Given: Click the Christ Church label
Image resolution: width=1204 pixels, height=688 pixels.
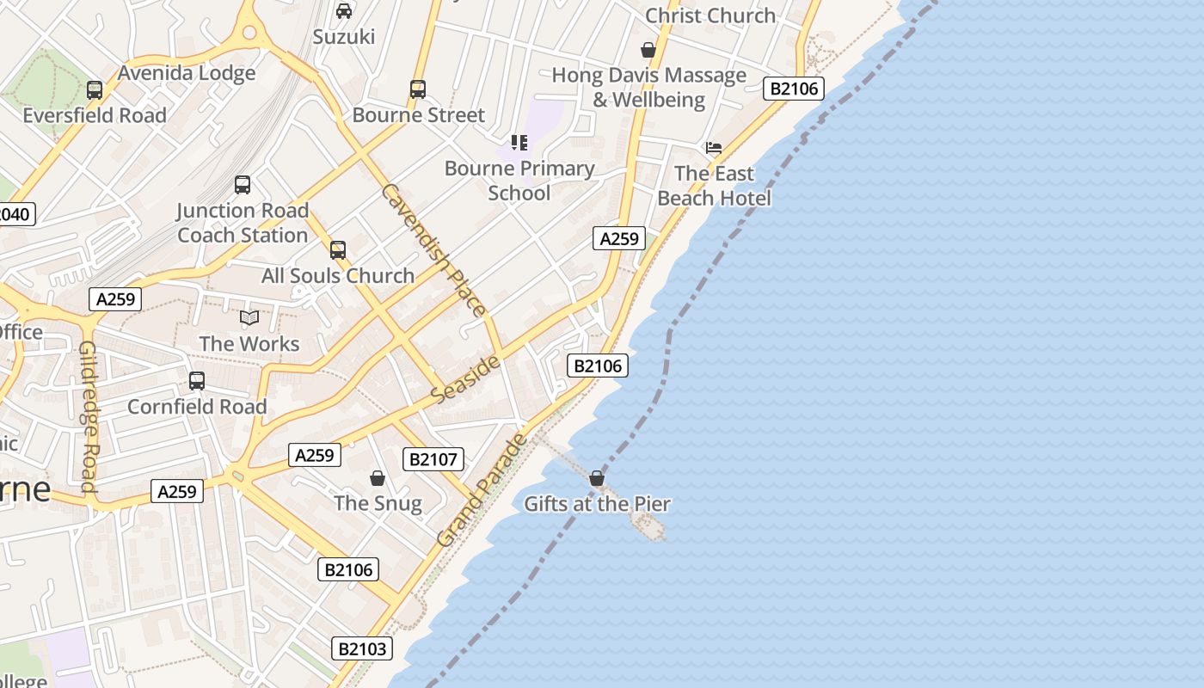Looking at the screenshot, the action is tap(709, 15).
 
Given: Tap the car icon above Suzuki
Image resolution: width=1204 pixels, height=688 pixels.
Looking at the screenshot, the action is tap(344, 11).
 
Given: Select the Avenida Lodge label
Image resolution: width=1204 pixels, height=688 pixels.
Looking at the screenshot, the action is tap(187, 73).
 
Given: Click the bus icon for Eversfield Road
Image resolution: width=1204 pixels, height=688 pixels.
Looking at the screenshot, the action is tap(95, 89).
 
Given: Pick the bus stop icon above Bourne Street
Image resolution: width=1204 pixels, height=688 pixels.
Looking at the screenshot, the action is tap(418, 89).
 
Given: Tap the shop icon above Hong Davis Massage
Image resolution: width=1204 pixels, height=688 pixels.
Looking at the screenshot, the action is tap(648, 50).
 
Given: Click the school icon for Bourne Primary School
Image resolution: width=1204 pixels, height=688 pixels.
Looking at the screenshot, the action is tap(519, 143).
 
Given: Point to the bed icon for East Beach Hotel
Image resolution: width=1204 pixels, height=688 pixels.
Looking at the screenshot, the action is tap(714, 148).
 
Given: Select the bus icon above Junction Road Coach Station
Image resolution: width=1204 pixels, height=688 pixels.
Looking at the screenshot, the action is tap(243, 184).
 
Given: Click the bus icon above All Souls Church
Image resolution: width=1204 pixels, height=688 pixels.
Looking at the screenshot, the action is tap(338, 250).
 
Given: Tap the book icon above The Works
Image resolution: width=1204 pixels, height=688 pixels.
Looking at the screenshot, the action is tap(249, 318).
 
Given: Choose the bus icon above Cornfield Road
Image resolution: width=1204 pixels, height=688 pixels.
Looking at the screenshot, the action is tap(197, 381).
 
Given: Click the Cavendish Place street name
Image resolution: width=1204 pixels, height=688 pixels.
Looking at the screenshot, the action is tap(433, 249).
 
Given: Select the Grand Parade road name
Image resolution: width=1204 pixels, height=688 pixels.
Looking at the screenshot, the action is tap(482, 490).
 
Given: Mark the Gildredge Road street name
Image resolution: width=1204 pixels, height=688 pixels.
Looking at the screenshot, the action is tap(89, 416).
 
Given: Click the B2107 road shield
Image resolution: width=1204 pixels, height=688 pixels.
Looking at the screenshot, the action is tap(433, 459).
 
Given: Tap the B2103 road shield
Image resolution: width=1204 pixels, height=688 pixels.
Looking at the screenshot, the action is tap(362, 648).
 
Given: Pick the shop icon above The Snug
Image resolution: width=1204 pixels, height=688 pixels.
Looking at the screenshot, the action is tap(377, 478).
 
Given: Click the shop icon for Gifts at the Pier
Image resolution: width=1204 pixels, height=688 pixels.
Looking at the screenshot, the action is tap(597, 478).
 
